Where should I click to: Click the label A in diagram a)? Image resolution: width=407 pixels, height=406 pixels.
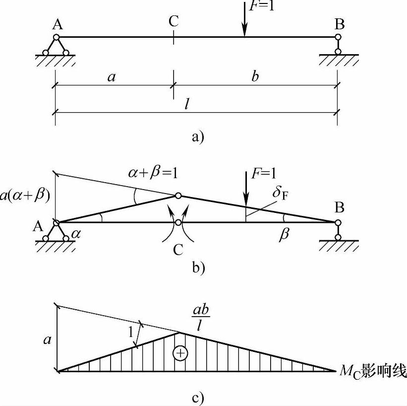coord(58,25)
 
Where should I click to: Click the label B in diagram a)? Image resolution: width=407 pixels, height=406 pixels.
coord(339,24)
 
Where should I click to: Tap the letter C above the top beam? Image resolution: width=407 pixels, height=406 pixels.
coord(174,21)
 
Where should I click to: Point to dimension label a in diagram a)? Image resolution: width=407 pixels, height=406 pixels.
coord(112,77)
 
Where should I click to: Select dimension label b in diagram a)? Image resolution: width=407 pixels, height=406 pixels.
coord(255,76)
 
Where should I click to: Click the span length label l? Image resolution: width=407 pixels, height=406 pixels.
coord(186,104)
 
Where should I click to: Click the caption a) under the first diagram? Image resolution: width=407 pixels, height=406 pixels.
coord(198,137)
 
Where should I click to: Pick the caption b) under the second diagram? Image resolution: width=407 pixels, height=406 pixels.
coord(199,268)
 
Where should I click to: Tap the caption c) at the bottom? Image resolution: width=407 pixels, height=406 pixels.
coord(198,398)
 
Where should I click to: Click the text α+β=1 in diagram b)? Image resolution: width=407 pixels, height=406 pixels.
coord(153,173)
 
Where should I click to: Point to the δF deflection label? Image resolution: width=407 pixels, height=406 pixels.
coord(280,194)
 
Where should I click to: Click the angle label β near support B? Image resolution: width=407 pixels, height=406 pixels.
coord(284,235)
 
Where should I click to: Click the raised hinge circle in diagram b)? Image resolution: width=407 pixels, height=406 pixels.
coord(178,196)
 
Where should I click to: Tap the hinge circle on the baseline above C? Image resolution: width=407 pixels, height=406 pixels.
coord(178,222)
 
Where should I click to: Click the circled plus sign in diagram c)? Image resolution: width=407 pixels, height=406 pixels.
coord(180,353)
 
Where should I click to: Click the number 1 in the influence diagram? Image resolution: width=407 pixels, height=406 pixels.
coord(131,332)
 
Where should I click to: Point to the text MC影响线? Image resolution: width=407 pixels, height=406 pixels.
coord(373,371)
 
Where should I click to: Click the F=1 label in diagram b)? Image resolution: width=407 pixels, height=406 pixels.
coord(263,174)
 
